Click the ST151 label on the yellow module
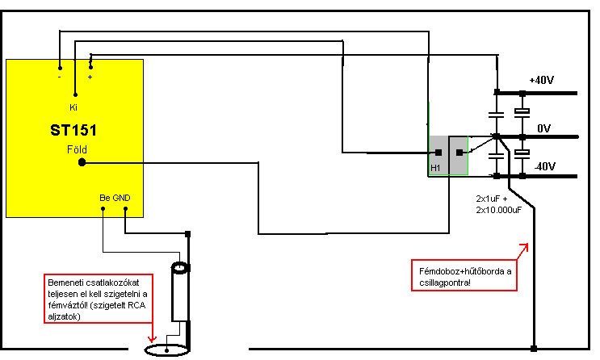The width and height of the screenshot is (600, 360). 74,130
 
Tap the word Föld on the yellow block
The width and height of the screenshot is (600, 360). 77,150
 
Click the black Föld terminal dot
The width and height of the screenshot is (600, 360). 82,162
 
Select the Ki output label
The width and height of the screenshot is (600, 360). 73,107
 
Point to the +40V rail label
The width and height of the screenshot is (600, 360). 541,82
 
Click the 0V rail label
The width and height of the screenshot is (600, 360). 543,128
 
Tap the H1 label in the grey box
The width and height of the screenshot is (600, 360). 434,167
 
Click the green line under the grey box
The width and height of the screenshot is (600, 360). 448,174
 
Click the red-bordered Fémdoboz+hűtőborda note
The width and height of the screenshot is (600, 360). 464,272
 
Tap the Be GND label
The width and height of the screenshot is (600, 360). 114,198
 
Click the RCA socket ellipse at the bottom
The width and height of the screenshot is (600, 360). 166,350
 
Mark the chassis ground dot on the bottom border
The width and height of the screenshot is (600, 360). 534,349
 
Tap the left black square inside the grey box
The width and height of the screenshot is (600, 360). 438,152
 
